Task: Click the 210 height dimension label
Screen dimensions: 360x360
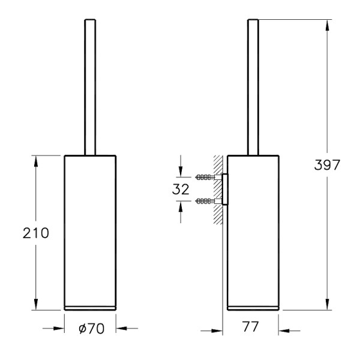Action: [36, 233]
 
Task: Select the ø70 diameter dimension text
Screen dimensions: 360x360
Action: [91, 329]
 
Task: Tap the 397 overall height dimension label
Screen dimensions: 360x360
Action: [327, 164]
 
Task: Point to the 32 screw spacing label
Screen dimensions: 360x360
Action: [181, 189]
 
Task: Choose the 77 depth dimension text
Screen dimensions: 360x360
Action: [250, 326]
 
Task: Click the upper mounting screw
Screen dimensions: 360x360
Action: [208, 177]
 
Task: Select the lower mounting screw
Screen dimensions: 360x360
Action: [208, 201]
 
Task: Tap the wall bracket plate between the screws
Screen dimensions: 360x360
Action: [225, 189]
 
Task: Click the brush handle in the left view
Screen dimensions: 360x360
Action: [90, 87]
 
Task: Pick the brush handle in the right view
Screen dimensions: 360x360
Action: [253, 87]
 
